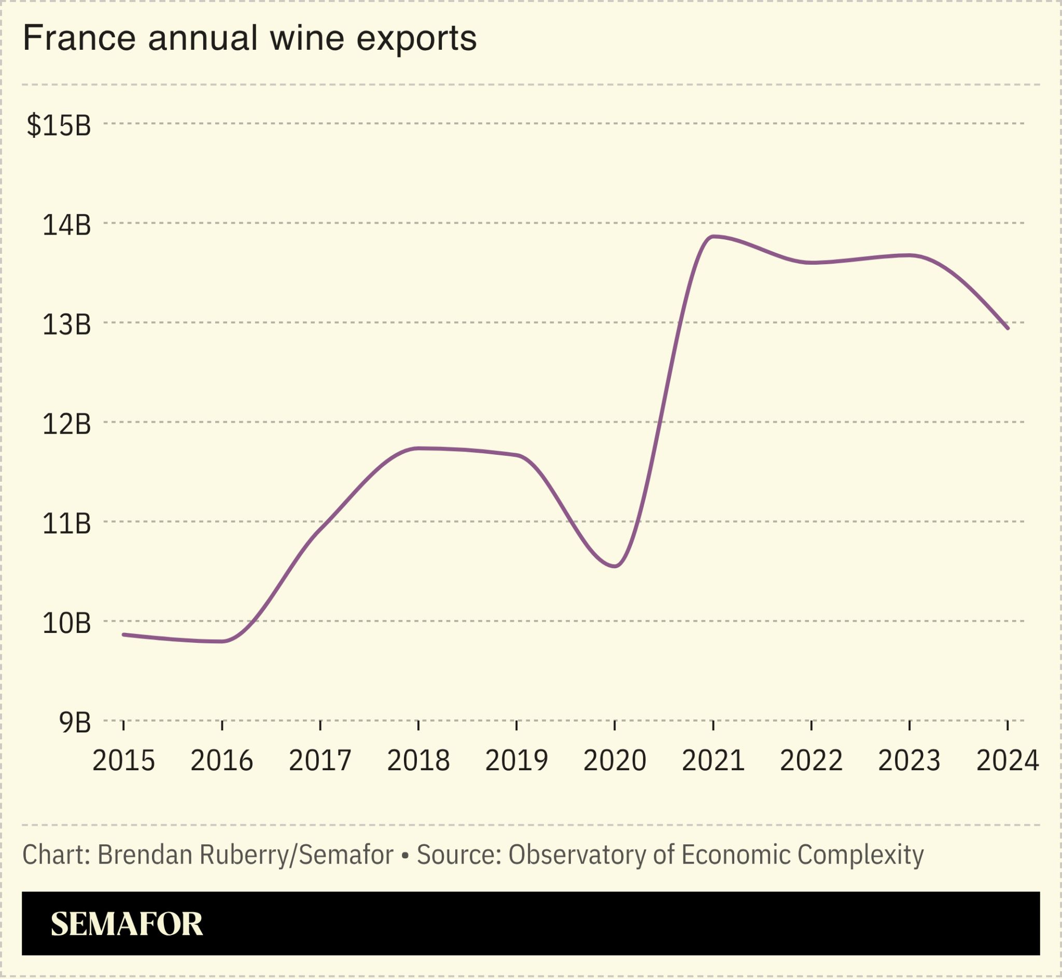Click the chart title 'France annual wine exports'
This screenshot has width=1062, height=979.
coord(250,39)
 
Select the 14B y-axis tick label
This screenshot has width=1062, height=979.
coord(67,225)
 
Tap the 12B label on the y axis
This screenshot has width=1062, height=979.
coord(67,424)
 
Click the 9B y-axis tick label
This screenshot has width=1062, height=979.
coord(75,722)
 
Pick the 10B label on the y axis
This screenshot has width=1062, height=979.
coord(67,623)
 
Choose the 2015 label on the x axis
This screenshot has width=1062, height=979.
coord(123,761)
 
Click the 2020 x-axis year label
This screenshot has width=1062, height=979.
coord(614,761)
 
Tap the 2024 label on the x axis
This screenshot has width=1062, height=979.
coord(1008,761)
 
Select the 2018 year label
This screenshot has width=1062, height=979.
coord(418,761)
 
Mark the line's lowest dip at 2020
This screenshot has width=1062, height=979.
coord(614,566)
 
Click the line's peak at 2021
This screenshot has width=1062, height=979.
coord(713,236)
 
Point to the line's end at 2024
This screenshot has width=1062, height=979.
coord(1008,328)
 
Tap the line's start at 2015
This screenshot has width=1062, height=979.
coord(123,634)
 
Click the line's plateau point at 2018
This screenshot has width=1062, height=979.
coord(418,448)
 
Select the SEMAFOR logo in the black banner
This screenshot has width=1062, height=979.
coord(127,924)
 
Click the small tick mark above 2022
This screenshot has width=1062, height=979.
coord(811,725)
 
